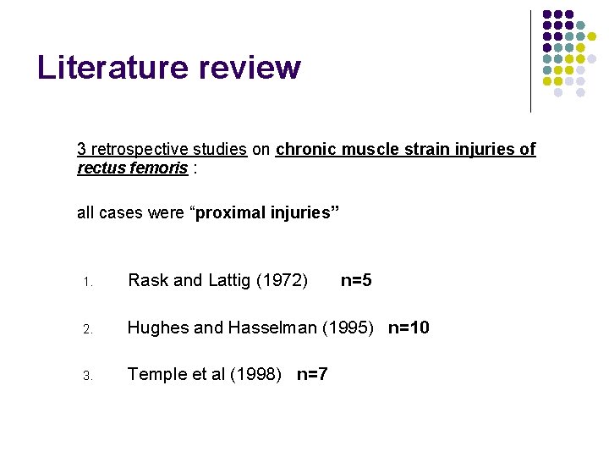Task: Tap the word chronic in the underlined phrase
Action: (x=305, y=150)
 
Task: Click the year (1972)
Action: (x=279, y=280)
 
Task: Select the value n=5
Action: (x=355, y=280)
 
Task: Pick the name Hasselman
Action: (x=268, y=328)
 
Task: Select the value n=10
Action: (x=409, y=328)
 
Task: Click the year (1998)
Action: (x=256, y=374)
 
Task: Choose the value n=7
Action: (x=312, y=374)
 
